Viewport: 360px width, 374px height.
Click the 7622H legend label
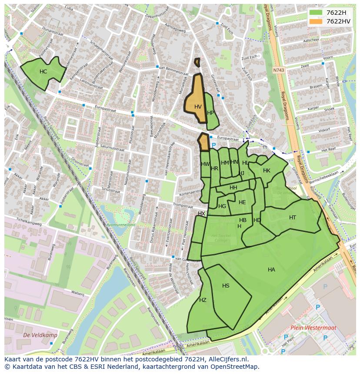click(336, 13)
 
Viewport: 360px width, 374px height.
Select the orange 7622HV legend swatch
click(316, 21)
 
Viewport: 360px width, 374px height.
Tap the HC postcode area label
click(43, 72)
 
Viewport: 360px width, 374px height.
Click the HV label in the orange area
click(198, 107)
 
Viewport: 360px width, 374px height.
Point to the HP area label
click(210, 113)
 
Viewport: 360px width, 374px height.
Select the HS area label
click(226, 286)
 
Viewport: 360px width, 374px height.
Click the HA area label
click(271, 270)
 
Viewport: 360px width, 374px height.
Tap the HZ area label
click(203, 300)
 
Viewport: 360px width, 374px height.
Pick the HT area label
click(293, 218)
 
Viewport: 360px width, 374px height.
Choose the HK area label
click(267, 171)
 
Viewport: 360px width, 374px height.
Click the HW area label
click(205, 164)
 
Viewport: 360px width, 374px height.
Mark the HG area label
click(222, 206)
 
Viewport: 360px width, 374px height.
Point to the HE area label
click(242, 202)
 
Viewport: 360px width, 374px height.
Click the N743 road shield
click(278, 70)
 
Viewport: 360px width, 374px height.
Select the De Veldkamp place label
click(34, 335)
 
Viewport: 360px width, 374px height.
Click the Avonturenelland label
click(121, 225)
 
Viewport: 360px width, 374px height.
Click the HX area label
click(201, 214)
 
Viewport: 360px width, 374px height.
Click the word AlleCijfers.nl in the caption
click(226, 359)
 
